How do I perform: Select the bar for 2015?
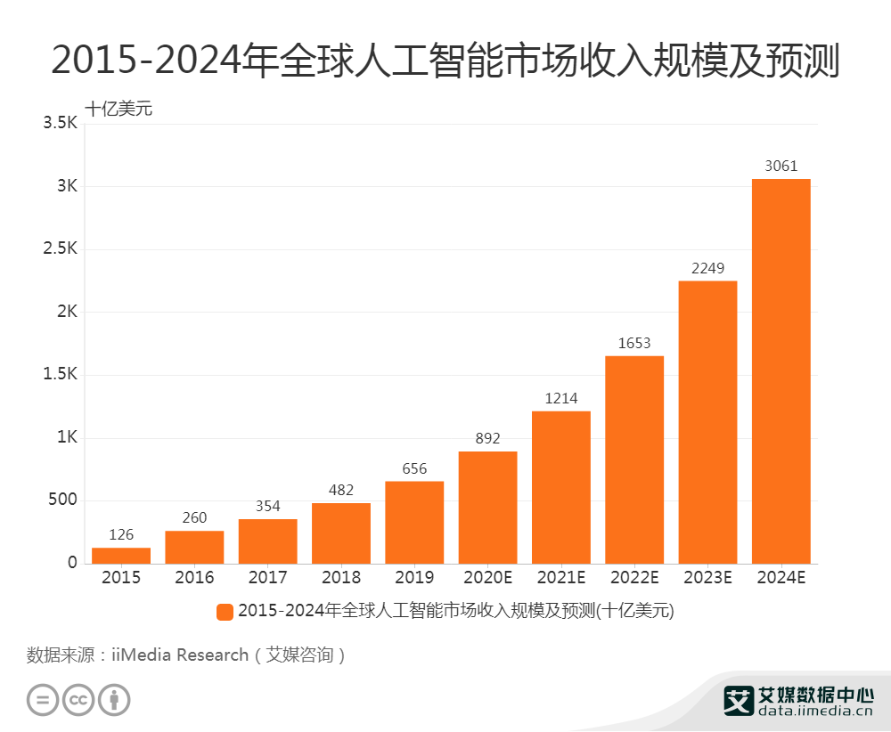(x=121, y=556)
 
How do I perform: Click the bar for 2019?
(x=414, y=523)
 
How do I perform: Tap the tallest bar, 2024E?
(x=781, y=371)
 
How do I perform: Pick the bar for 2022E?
(x=634, y=460)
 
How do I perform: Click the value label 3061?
(x=781, y=166)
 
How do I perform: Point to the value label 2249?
(x=707, y=268)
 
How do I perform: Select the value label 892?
(x=487, y=438)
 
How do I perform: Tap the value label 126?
(x=121, y=534)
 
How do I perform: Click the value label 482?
(x=341, y=490)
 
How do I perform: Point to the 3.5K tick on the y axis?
(x=61, y=124)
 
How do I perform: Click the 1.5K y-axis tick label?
(x=61, y=375)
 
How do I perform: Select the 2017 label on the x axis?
(x=267, y=578)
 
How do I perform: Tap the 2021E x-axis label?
(x=561, y=578)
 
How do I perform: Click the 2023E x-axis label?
(x=707, y=578)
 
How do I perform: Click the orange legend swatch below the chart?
(x=225, y=612)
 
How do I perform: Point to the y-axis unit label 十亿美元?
(x=119, y=109)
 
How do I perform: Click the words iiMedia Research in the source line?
(x=180, y=655)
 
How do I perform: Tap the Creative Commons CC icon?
(x=78, y=700)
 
